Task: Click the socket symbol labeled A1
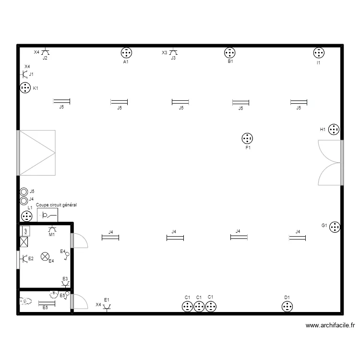point(126,53)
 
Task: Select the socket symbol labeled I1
point(319,53)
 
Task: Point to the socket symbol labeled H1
point(334,130)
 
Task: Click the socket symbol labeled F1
point(247,139)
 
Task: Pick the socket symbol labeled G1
point(335,227)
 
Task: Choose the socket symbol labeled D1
point(287,306)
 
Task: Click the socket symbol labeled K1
point(25,88)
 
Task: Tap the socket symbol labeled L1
point(27,216)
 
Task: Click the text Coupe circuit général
point(57,205)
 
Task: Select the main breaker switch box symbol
point(48,215)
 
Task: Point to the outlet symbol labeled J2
point(45,52)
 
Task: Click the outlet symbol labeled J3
point(173,52)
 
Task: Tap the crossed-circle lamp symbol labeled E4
point(46,257)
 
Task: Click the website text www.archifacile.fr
point(330,326)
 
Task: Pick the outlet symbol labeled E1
point(107,306)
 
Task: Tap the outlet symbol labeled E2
point(24,259)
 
